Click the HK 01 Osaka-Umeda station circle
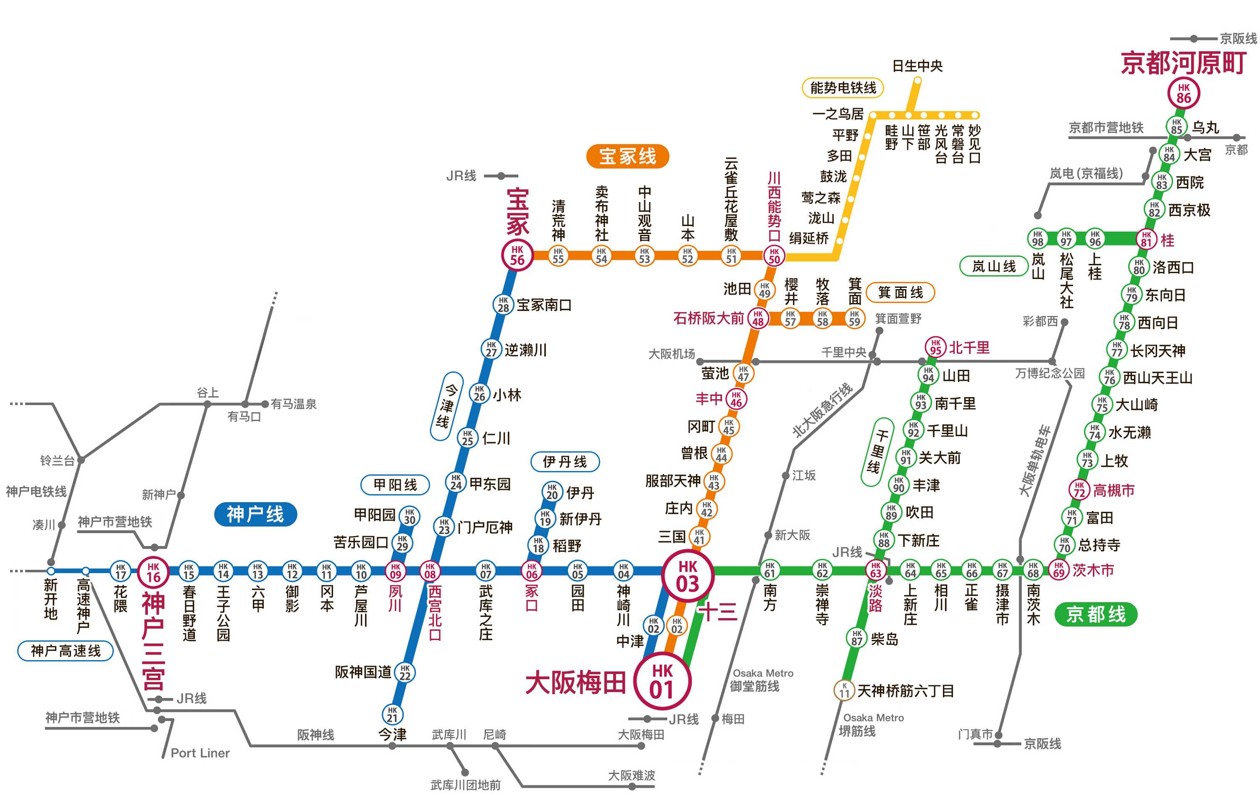pyautogui.click(x=661, y=680)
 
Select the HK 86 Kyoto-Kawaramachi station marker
pyautogui.click(x=1183, y=93)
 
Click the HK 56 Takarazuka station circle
pyautogui.click(x=517, y=255)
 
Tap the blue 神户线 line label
pyautogui.click(x=255, y=514)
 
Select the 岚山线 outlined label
pyautogui.click(x=993, y=266)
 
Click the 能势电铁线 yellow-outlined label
pyautogui.click(x=842, y=88)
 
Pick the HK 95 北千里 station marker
pyautogui.click(x=935, y=347)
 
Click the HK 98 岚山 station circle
pyautogui.click(x=1037, y=238)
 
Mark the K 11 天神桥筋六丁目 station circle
pyautogui.click(x=844, y=690)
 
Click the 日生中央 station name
pyautogui.click(x=917, y=66)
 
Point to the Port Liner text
pyautogui.click(x=200, y=753)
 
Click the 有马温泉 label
pyautogui.click(x=293, y=404)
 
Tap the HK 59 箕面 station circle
pyautogui.click(x=854, y=318)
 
